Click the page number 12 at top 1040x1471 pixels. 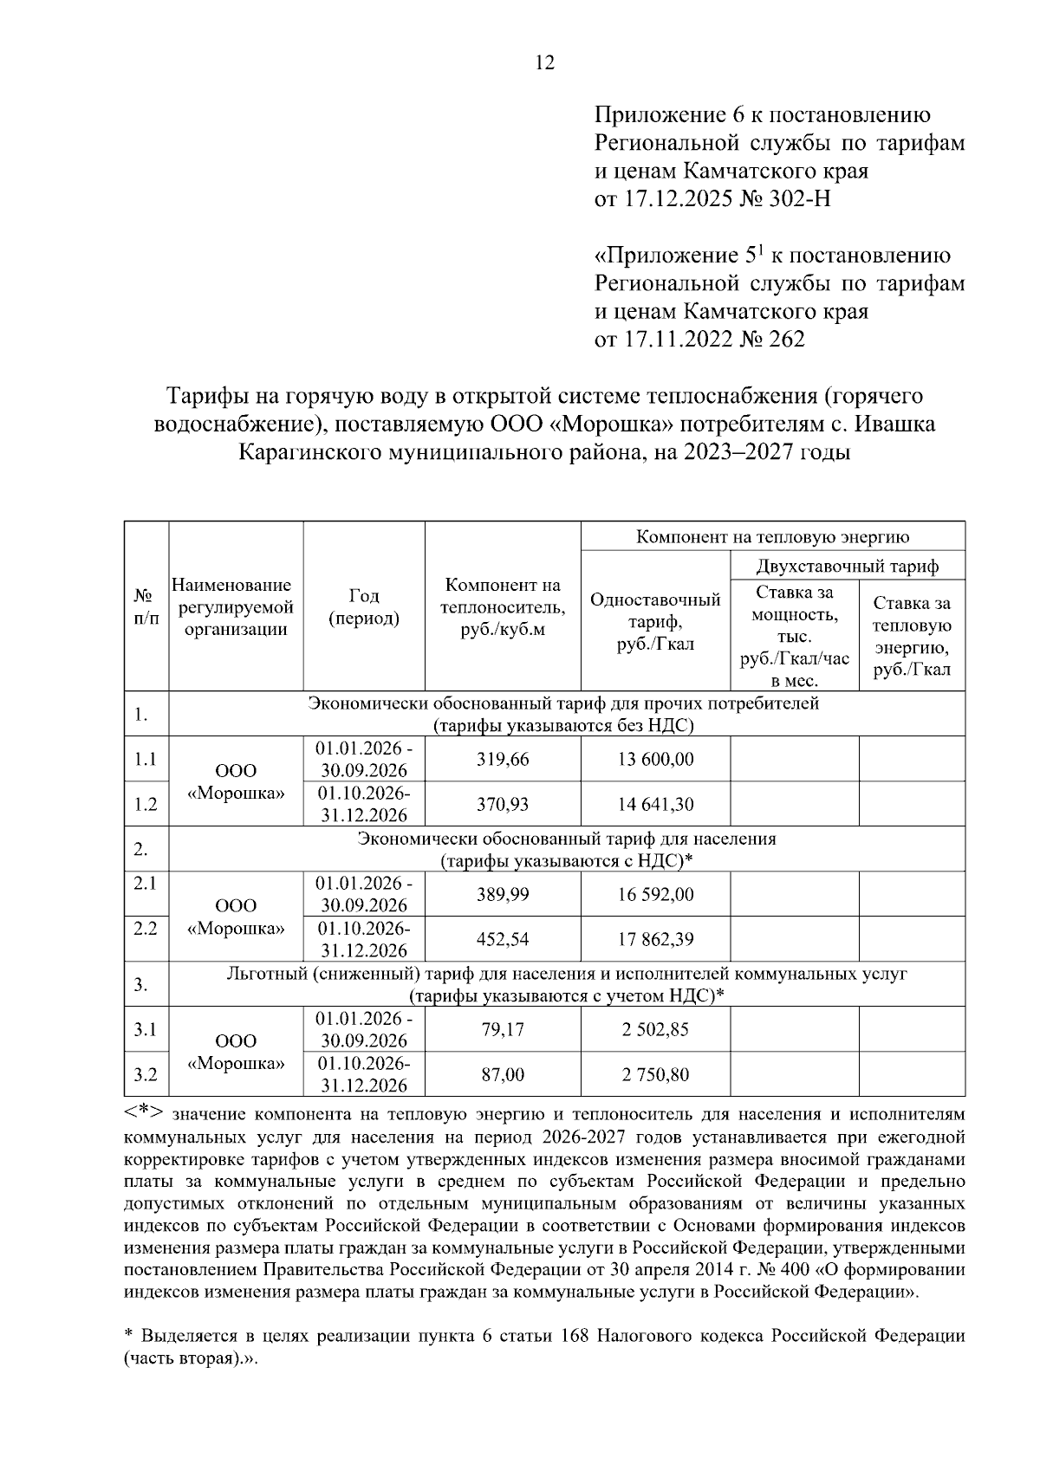(545, 63)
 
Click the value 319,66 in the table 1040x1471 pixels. (503, 760)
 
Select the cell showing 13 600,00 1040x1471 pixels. (655, 760)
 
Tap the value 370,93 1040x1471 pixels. (503, 805)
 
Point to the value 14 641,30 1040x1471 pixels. (655, 805)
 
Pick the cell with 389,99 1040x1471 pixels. (503, 895)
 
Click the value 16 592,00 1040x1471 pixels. (655, 895)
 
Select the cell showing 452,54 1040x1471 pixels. (503, 940)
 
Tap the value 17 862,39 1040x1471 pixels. (655, 940)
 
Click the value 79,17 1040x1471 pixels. (503, 1030)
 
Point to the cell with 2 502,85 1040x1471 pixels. (655, 1030)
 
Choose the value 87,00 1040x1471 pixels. (503, 1075)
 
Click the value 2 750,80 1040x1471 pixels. (655, 1075)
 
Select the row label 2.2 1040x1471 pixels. (146, 928)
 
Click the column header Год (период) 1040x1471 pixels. (364, 607)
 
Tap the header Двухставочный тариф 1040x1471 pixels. (847, 567)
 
